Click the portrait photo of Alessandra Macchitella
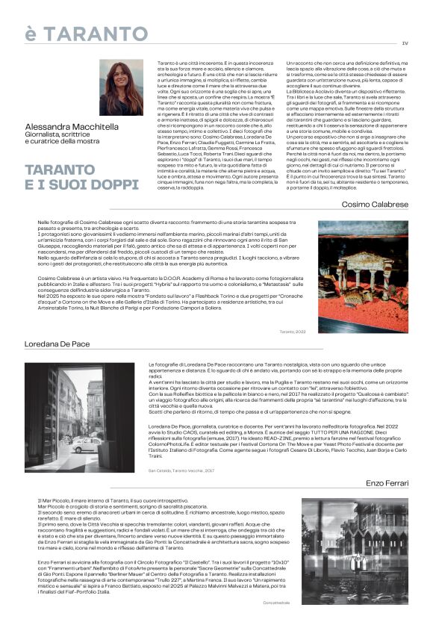(x=121, y=87)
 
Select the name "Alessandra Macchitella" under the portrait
(x=72, y=127)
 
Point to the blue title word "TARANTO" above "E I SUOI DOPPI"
(x=60, y=170)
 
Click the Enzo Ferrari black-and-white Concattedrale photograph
(x=354, y=551)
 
